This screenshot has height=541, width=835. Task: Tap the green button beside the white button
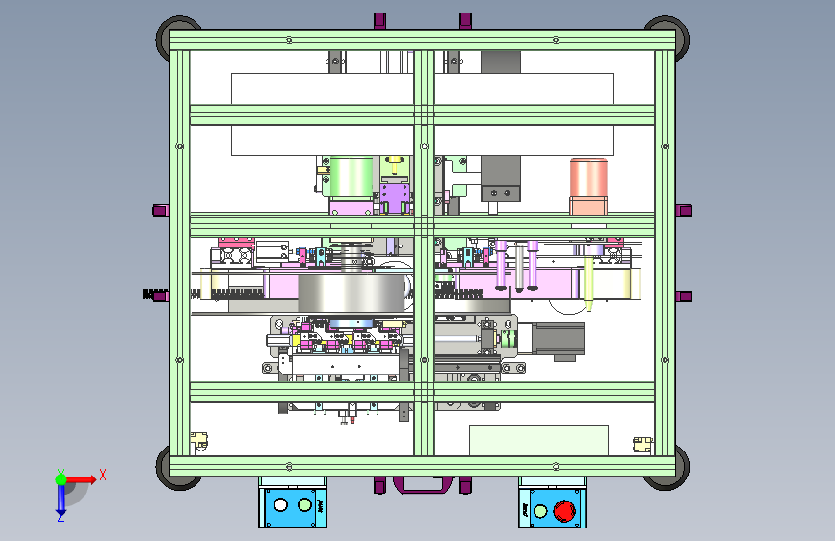(x=305, y=503)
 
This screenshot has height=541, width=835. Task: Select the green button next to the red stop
(x=540, y=510)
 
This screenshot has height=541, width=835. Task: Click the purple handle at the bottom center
(x=421, y=484)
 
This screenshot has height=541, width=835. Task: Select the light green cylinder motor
(x=352, y=178)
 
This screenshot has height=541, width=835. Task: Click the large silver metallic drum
(x=351, y=295)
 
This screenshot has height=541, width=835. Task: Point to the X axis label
(x=103, y=474)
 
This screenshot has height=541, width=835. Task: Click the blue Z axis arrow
(x=61, y=500)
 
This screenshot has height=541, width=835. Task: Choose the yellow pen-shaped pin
(x=587, y=281)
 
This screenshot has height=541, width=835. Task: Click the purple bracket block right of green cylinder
(x=395, y=198)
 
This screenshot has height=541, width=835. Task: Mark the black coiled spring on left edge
(x=154, y=296)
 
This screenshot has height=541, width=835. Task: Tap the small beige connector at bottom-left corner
(x=201, y=442)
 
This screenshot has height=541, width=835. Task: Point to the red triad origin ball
(x=61, y=478)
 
